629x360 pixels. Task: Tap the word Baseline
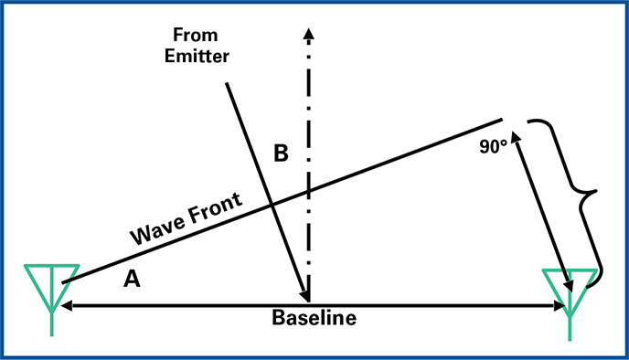(313, 319)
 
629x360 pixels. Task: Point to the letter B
(282, 154)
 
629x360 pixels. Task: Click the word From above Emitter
(194, 35)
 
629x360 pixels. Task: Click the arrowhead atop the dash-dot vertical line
(309, 34)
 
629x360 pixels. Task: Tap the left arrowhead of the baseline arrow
(67, 305)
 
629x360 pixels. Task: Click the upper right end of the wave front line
(502, 119)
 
